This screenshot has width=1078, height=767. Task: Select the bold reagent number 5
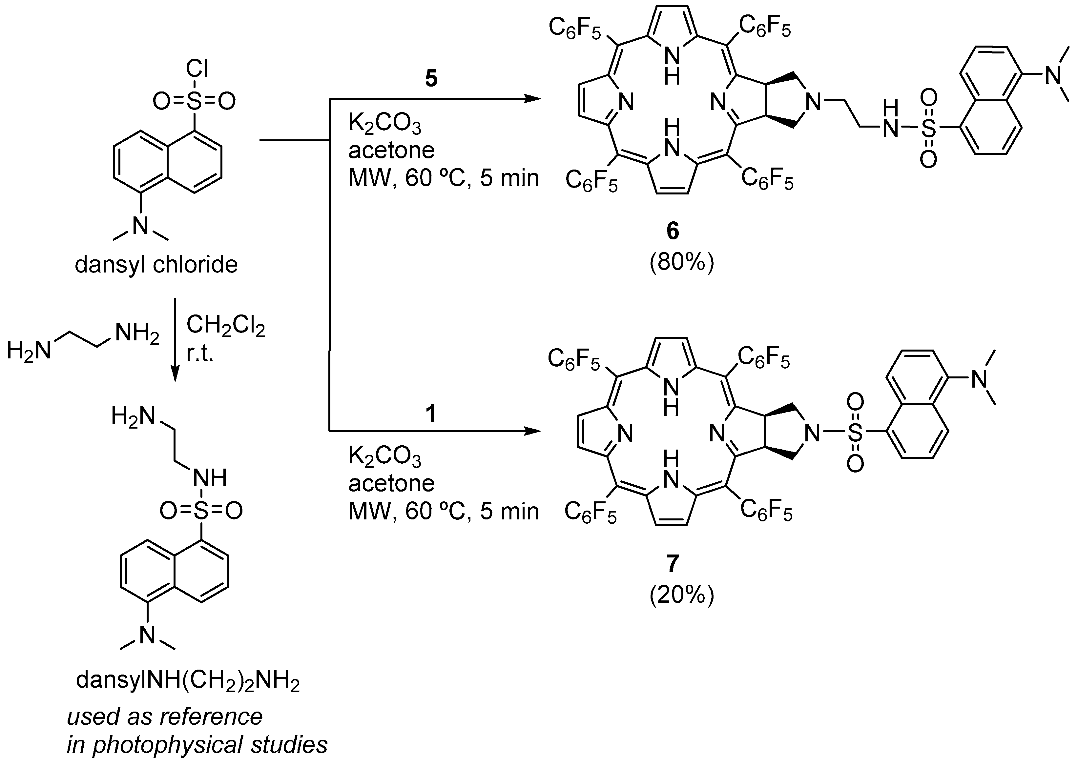coord(431,79)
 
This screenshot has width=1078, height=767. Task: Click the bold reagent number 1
coord(431,414)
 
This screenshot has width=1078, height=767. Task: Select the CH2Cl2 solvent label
coord(226,326)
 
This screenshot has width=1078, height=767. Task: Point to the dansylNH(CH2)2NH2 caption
coord(188,681)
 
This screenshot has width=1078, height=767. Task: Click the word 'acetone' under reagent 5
coord(391,150)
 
